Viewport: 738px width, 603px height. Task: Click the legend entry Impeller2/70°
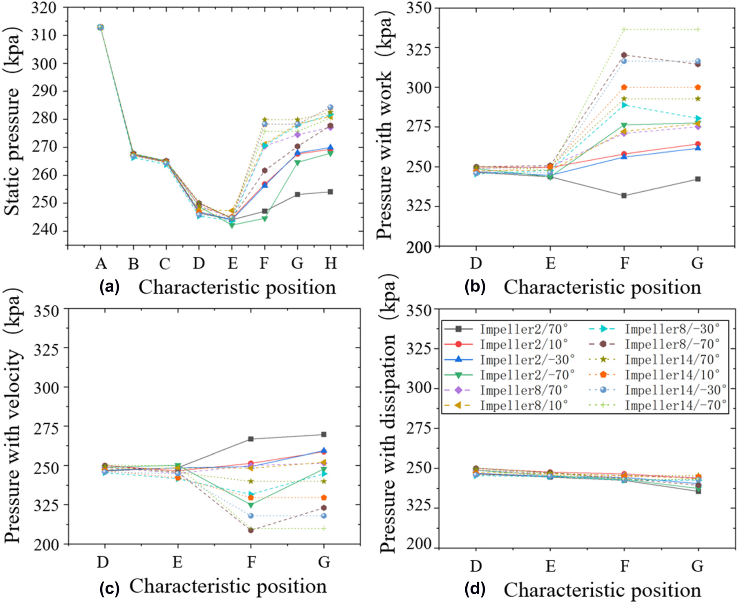point(524,329)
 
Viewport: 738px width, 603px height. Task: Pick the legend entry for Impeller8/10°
point(524,405)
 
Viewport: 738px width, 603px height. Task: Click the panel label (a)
point(110,287)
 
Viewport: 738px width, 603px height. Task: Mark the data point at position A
point(101,27)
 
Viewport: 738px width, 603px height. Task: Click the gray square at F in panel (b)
point(624,196)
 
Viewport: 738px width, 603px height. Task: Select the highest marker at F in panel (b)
point(624,29)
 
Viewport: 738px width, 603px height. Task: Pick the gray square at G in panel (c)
point(324,435)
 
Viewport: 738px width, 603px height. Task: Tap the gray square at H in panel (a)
point(330,192)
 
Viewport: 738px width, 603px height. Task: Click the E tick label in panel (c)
point(177,563)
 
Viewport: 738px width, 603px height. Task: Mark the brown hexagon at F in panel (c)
point(251,530)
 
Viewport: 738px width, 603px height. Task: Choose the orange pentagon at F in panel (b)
point(624,87)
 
